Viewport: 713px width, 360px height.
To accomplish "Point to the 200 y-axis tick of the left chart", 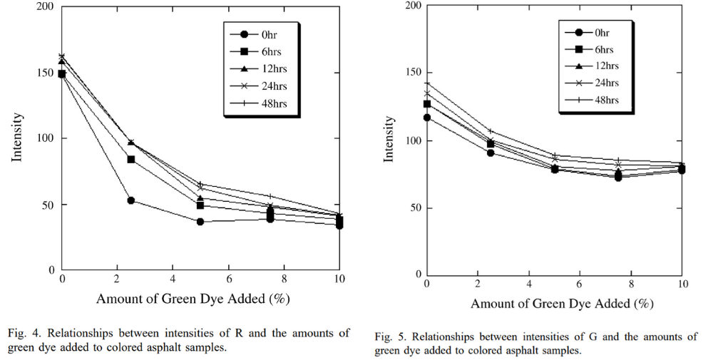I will coord(45,7).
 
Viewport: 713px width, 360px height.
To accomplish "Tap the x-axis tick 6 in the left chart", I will coord(228,279).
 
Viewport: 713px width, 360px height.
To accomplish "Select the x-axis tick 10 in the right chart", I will coord(683,283).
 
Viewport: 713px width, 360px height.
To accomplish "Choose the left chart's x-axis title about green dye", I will coord(193,297).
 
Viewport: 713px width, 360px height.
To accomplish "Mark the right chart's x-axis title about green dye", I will coord(562,304).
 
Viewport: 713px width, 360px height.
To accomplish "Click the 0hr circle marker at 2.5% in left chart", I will coord(131,200).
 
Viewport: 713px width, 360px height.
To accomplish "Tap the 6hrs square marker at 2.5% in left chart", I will coord(131,159).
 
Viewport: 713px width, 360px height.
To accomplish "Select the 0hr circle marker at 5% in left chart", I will coord(200,222).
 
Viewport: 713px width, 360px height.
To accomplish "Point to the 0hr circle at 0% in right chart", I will coord(427,118).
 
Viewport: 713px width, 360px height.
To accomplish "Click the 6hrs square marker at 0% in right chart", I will coord(427,104).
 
